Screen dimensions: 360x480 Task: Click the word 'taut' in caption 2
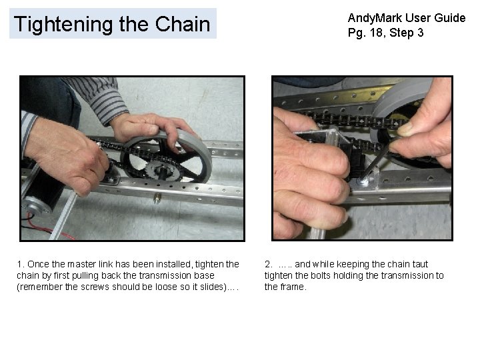click(418, 265)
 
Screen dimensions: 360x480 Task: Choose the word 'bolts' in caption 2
click(321, 276)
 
